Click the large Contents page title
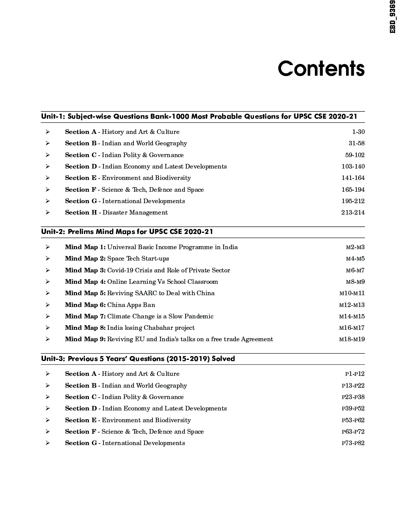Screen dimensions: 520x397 point(321,69)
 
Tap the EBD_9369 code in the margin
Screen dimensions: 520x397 point(393,17)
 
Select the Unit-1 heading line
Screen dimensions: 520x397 point(199,116)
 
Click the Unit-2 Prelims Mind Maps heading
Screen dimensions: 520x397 point(127,232)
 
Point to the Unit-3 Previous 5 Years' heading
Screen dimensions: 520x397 point(138,359)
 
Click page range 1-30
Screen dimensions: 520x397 point(358,132)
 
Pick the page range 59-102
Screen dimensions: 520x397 point(355,155)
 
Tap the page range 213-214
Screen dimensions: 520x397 point(353,213)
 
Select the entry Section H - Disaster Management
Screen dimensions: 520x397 point(116,213)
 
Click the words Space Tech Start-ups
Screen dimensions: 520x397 point(138,259)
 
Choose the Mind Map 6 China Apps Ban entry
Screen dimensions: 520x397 point(110,305)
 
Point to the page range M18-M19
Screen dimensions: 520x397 point(352,339)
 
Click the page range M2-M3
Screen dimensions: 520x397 point(355,247)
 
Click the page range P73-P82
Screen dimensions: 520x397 point(353,443)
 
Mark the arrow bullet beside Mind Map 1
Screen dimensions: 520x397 point(48,247)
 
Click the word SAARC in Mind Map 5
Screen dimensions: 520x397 point(146,293)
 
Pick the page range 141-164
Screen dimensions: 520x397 point(353,178)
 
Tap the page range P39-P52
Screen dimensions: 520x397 point(353,409)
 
